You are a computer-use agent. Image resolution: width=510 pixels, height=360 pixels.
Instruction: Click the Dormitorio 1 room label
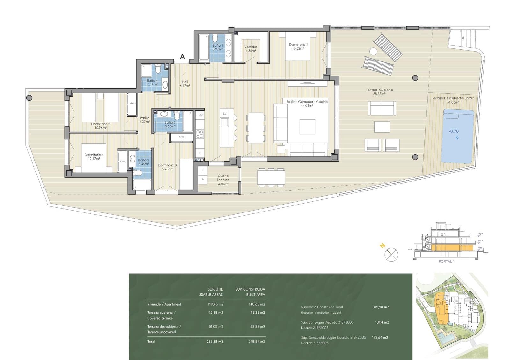pos(298,47)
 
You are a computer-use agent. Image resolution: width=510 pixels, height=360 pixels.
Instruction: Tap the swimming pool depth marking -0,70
pos(454,131)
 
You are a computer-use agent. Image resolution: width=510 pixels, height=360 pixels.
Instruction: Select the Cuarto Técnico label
pos(223,180)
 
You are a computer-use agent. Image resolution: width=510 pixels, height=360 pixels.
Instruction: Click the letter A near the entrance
pos(182,56)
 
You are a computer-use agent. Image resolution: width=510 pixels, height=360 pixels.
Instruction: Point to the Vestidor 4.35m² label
pos(251,49)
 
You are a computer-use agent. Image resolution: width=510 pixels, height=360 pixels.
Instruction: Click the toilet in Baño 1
pos(215,39)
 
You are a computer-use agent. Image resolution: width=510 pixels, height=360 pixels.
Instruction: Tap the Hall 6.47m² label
pos(185,84)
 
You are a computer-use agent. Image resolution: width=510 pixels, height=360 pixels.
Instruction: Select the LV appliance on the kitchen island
pos(225,114)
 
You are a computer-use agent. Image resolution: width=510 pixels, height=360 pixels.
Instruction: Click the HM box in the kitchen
pos(200,115)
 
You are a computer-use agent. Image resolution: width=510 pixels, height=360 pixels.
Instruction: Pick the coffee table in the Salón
pos(307,127)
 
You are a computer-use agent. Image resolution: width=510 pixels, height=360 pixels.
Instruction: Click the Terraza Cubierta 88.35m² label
pos(379,92)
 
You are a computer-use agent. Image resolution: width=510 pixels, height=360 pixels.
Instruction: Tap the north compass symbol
pos(391,255)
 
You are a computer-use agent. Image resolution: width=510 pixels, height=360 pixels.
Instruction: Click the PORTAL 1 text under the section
pos(446,261)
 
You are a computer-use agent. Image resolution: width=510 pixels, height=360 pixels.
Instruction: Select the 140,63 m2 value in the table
pos(257,304)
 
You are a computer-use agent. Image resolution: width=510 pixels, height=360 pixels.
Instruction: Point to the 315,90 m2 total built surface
pos(381,307)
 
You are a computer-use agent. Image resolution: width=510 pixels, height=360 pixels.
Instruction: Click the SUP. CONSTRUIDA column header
pos(250,289)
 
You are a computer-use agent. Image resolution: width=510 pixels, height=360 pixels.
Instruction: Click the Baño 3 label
pos(170,124)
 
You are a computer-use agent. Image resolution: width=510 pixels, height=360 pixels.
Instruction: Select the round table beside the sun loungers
pos(373,51)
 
